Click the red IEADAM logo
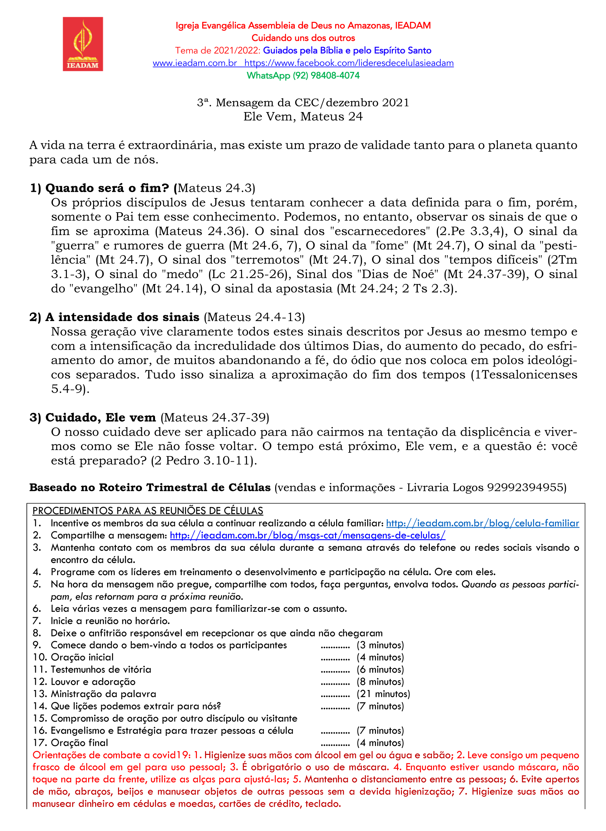pos(82,44)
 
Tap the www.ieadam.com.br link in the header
pos(194,63)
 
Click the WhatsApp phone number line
pos(303,75)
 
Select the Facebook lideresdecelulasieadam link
pos(349,63)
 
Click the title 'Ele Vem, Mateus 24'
pos(303,117)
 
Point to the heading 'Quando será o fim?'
pos(107,188)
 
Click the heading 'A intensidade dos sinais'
pos(122,317)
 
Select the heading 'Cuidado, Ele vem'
pos(100,418)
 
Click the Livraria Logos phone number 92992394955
pos(525,488)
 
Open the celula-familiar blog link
pos(482,523)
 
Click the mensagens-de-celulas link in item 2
pos(307,535)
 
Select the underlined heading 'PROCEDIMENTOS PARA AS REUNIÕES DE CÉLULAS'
pos(148,511)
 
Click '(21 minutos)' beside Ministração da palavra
pos(383,694)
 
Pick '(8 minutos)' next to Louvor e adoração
pos(380,682)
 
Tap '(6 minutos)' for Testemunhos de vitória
pos(380,670)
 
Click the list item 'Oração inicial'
pos(82,658)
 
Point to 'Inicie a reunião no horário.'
pos(110,621)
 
